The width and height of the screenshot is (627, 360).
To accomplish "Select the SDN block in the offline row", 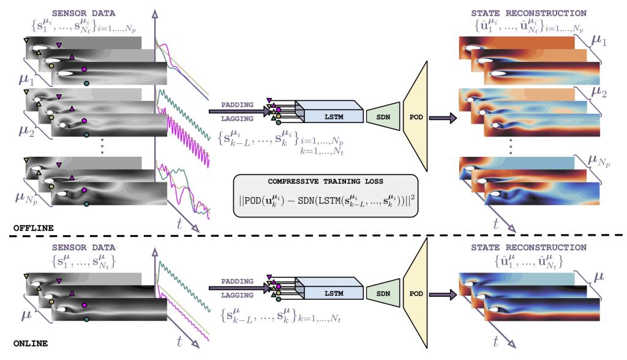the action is (x=383, y=116).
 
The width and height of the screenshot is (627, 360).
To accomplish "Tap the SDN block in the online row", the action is (x=383, y=293).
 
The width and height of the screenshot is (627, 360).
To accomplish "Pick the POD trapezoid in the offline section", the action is (x=416, y=116).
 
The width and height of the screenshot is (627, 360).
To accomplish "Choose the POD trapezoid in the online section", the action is (x=416, y=293).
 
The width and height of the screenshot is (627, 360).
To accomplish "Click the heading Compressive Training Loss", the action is (x=326, y=181).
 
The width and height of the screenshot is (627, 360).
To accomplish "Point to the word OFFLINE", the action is (x=33, y=228).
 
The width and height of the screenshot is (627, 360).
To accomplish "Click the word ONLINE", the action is (x=31, y=343).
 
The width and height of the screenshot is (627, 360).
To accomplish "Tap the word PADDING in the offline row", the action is (x=237, y=105).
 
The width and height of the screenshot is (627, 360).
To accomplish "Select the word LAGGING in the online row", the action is (x=237, y=295).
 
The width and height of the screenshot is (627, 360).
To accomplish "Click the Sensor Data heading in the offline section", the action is (x=83, y=13).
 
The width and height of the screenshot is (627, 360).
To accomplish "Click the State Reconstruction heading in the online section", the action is (x=528, y=247).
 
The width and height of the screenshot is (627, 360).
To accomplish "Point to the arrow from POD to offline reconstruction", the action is (x=443, y=118).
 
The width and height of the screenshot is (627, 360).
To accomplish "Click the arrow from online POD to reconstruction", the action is (x=443, y=295).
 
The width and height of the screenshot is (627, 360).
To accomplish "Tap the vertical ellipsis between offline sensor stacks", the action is (x=102, y=146).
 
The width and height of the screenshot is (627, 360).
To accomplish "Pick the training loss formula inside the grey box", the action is (x=326, y=200).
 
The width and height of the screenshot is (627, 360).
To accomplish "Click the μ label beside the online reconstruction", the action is (x=598, y=277).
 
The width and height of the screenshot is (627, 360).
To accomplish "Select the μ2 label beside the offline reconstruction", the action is (x=599, y=93).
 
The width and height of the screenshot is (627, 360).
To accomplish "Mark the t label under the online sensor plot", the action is (x=179, y=341).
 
